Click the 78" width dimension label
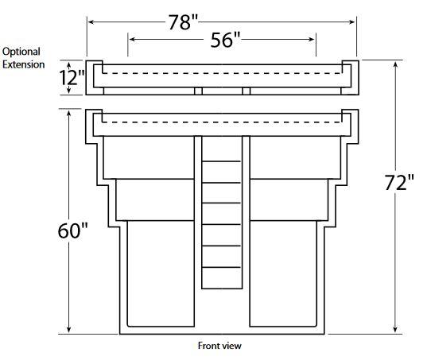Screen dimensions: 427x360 (x=183, y=22)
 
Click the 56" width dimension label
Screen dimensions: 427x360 (x=225, y=40)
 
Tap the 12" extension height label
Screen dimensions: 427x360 (x=72, y=78)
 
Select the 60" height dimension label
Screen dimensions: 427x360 (x=72, y=230)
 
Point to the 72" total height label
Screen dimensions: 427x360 (x=399, y=182)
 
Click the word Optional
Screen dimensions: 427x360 (x=21, y=52)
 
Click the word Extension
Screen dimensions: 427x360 (x=24, y=64)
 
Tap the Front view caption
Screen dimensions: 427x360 (x=219, y=346)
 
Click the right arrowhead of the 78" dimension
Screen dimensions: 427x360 (x=352, y=21)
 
